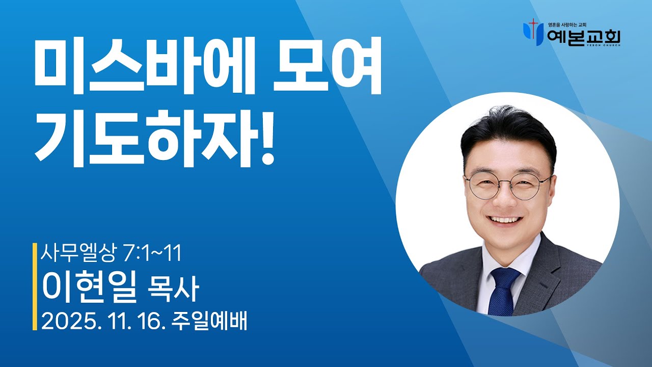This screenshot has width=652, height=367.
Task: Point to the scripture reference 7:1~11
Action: point(153,253)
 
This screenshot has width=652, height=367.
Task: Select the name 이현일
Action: point(90,287)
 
